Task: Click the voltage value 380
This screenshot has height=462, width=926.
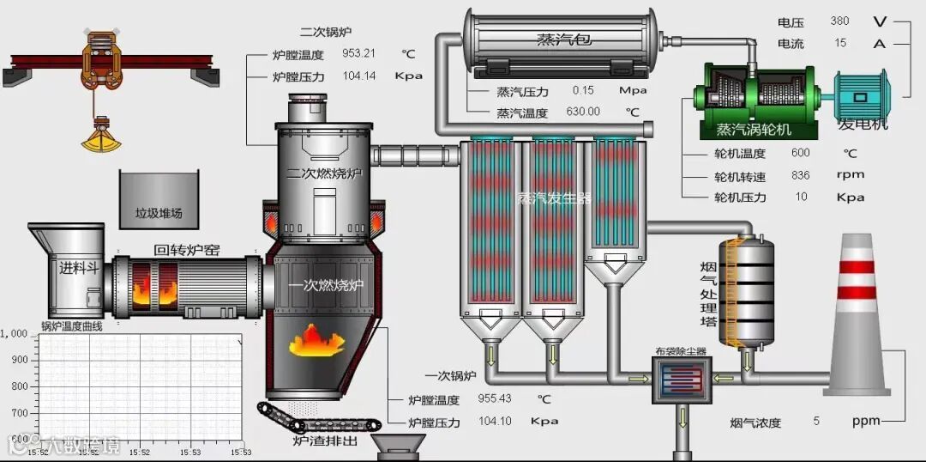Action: pos(839,21)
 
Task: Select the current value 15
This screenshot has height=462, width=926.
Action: pos(840,43)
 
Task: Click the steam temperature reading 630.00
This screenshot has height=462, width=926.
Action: pos(583,112)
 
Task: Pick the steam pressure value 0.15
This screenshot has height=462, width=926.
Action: pos(583,90)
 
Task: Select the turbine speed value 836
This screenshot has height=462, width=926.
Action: pos(801,175)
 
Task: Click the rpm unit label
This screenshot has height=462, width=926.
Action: pos(851,175)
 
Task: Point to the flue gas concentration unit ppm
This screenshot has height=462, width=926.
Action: pos(866,422)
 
